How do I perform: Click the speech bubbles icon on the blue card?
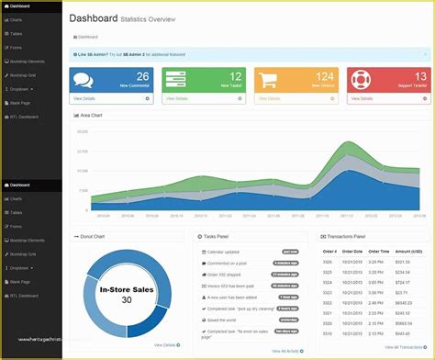tap(84, 79)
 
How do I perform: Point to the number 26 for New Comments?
tap(141, 76)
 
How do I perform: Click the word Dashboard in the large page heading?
tap(93, 17)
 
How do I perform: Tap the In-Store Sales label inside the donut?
tap(126, 288)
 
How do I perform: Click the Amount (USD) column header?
tap(408, 251)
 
